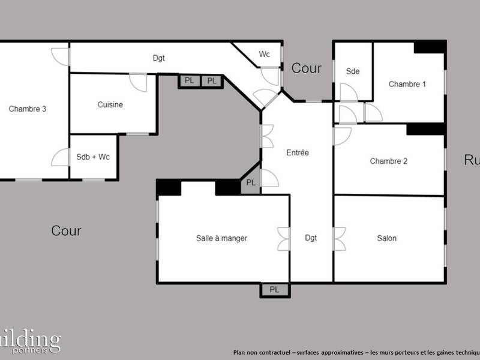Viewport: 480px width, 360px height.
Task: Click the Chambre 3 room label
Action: [28, 109]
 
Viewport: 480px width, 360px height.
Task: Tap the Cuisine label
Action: [110, 105]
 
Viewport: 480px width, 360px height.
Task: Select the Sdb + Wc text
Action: [93, 157]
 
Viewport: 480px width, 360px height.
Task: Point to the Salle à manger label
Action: [221, 238]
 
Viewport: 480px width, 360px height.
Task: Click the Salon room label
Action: [386, 238]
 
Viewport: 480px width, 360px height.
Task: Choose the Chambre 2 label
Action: [388, 161]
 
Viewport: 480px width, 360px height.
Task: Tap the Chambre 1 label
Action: [407, 85]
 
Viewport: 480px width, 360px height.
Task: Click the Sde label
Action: [353, 72]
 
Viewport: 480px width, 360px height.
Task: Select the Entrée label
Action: [297, 153]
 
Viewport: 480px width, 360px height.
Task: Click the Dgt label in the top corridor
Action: [158, 58]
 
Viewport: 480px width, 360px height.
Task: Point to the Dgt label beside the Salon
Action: [311, 238]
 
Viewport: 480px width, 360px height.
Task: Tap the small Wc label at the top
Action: [264, 55]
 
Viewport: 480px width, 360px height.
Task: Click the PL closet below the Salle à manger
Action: [274, 290]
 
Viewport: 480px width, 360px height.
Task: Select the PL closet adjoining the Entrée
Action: [251, 183]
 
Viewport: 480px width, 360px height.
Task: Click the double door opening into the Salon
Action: [339, 238]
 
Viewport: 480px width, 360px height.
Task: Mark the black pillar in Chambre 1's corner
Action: [430, 47]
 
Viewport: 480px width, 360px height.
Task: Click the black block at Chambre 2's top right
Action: [425, 129]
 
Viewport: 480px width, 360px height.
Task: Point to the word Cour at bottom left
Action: [66, 231]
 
